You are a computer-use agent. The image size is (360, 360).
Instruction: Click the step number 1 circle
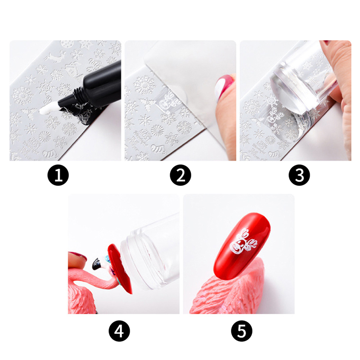[58, 175]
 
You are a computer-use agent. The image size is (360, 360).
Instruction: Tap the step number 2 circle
[180, 175]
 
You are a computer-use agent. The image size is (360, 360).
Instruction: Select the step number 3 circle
[299, 175]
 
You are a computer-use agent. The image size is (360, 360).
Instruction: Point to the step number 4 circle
[119, 331]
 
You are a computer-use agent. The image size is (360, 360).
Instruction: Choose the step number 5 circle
[242, 331]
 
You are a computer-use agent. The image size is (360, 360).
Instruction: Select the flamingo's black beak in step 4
[97, 264]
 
